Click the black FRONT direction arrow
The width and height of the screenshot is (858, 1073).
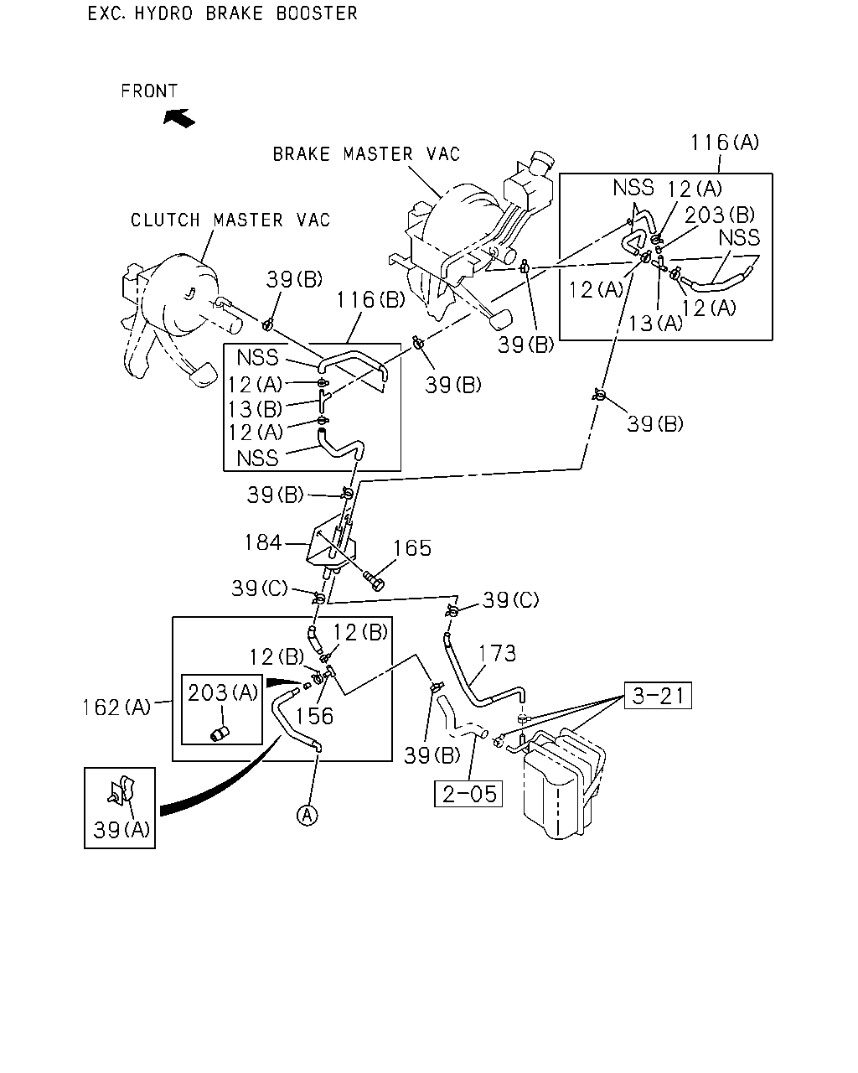[179, 118]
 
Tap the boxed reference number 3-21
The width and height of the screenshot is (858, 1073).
[658, 695]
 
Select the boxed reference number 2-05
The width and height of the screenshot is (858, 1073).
[468, 794]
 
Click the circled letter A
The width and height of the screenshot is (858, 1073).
[308, 815]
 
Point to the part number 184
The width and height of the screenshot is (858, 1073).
[263, 542]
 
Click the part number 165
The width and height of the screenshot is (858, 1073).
[412, 548]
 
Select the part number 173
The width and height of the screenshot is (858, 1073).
[497, 653]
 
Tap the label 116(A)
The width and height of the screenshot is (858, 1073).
[725, 143]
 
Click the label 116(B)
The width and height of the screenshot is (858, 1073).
[371, 299]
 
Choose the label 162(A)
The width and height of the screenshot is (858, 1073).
[116, 707]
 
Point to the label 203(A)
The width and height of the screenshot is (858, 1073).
[223, 692]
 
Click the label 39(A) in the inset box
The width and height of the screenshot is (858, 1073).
[121, 830]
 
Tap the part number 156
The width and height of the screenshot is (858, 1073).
[314, 716]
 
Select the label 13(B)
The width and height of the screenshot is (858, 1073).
[256, 409]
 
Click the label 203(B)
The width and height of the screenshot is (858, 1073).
[720, 215]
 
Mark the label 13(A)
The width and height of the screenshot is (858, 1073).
[655, 323]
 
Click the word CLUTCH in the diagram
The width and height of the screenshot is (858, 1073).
[166, 220]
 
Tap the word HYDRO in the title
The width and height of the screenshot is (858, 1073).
[163, 13]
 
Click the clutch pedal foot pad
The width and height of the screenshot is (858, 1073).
[202, 374]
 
